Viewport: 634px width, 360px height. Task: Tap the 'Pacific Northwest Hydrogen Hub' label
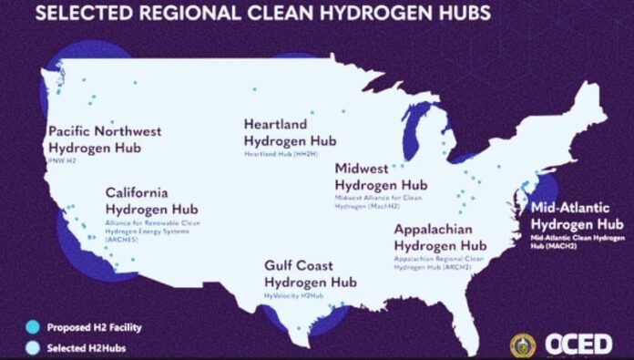click(x=104, y=139)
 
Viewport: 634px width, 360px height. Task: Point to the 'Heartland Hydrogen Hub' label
click(x=289, y=133)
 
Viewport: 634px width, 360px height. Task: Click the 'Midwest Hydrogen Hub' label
click(x=381, y=177)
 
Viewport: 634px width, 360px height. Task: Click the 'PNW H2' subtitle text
click(x=62, y=159)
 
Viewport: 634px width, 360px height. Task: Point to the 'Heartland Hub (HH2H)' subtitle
click(x=279, y=153)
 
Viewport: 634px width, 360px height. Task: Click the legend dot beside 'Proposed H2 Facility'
click(x=33, y=325)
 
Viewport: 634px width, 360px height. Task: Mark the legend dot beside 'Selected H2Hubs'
click(x=33, y=345)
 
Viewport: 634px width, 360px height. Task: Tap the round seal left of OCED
click(x=523, y=344)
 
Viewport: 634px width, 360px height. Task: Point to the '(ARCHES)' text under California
click(x=124, y=240)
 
